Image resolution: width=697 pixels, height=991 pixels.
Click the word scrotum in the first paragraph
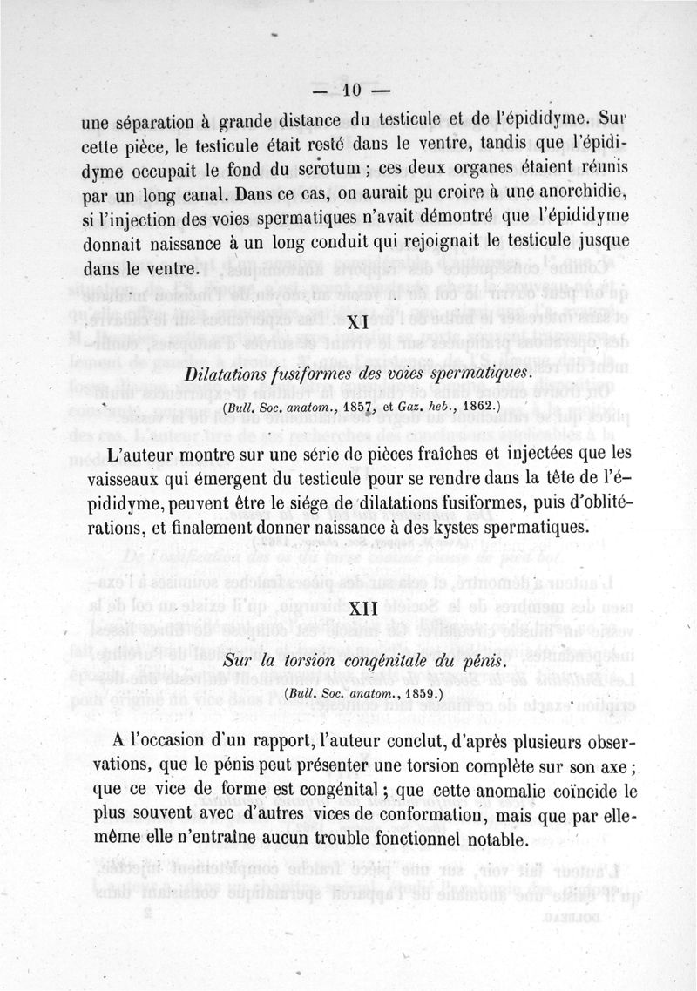coord(334,164)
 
